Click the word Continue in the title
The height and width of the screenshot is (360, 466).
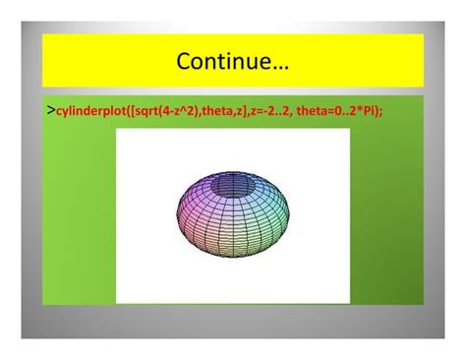222,62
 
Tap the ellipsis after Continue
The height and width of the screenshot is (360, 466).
278,64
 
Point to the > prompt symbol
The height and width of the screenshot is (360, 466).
50,111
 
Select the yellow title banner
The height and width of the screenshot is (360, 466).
233,61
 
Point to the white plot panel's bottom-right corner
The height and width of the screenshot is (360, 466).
348,302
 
